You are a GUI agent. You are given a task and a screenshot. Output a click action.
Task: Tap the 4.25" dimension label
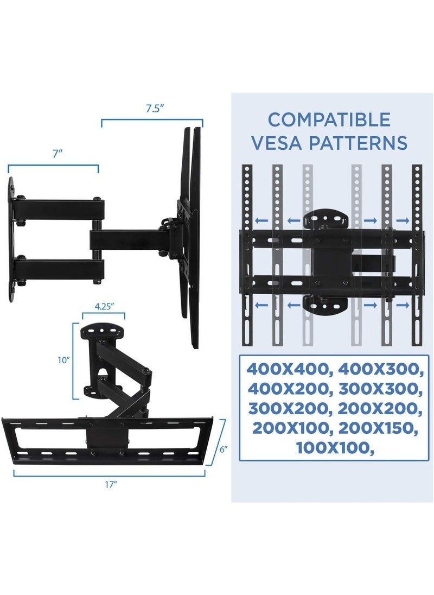click(x=104, y=305)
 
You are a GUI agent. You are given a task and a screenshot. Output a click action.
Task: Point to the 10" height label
click(x=65, y=360)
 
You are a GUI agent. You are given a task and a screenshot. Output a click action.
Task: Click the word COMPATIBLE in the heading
click(x=329, y=119)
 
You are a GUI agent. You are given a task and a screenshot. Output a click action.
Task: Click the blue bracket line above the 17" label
click(x=109, y=473)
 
